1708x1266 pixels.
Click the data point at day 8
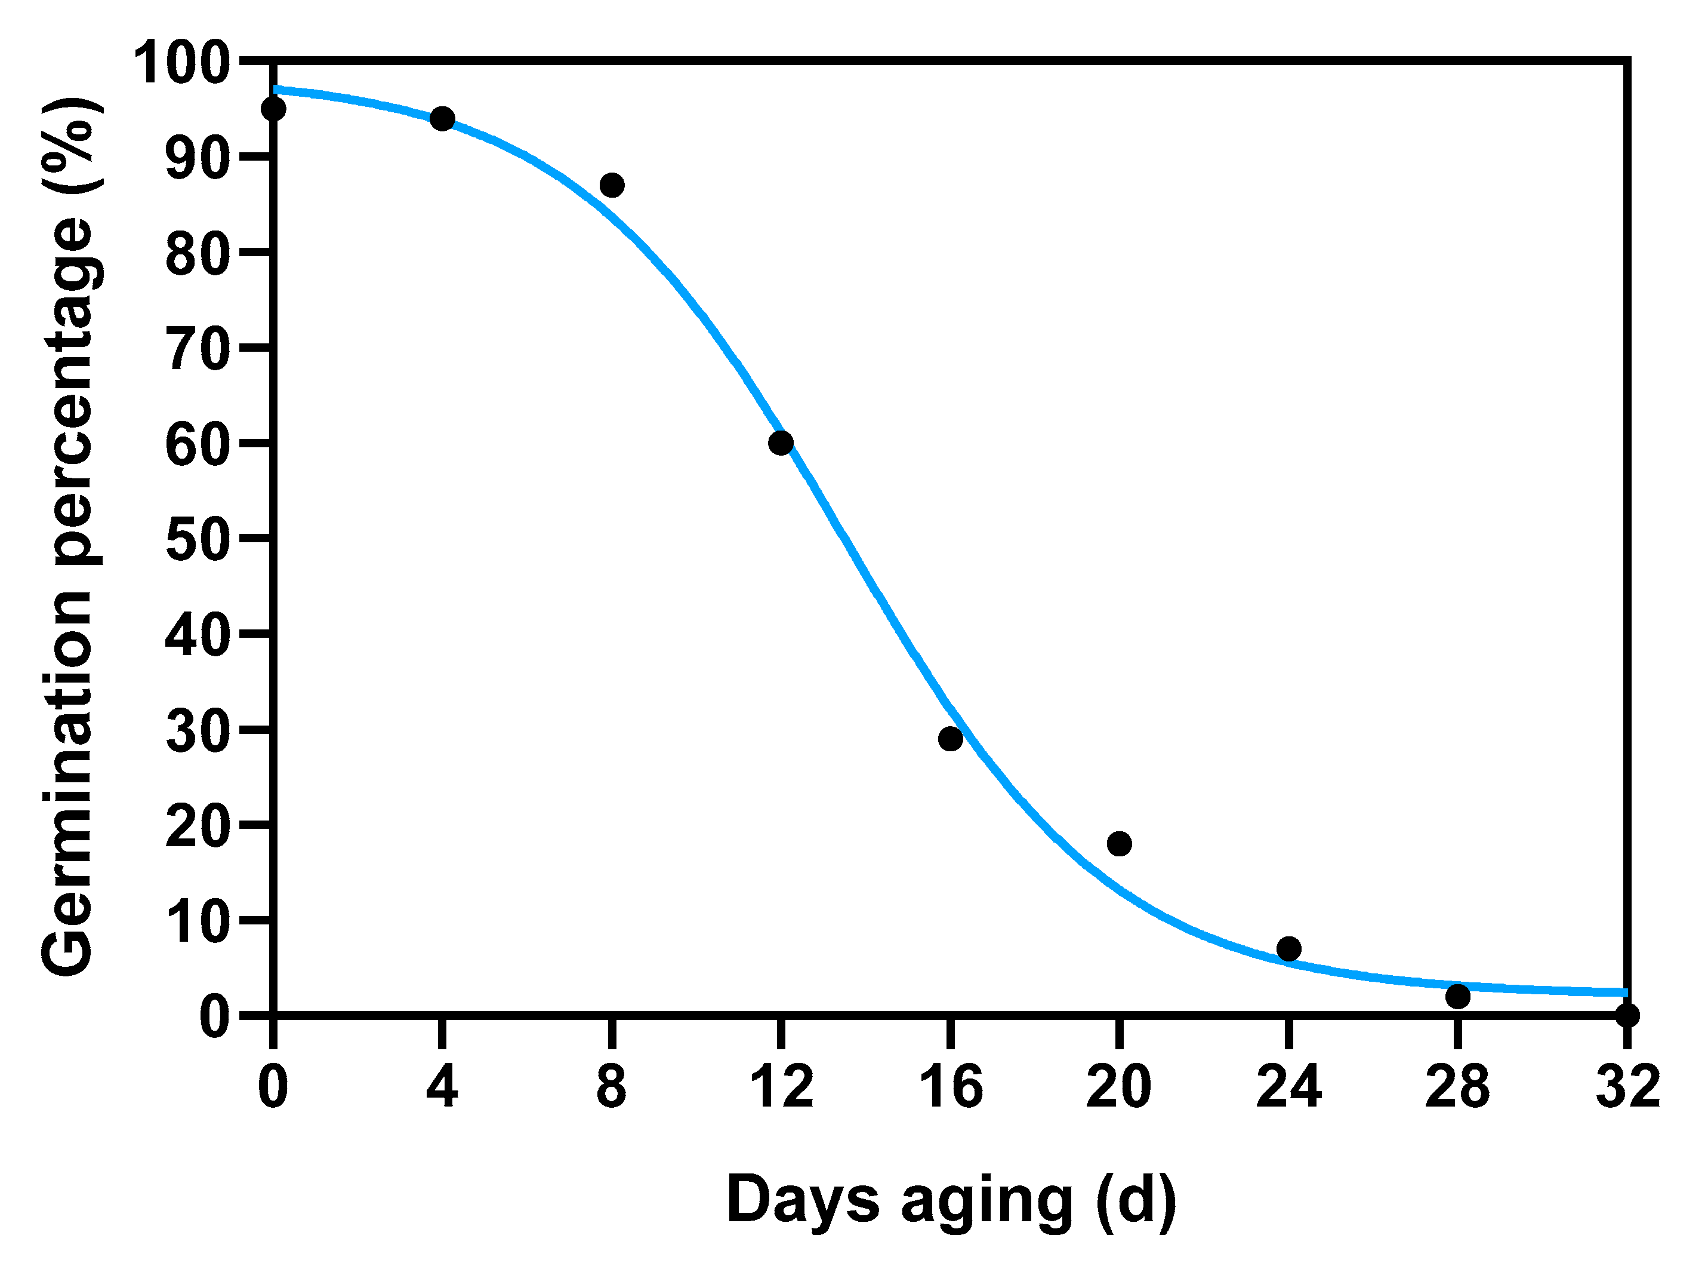[611, 185]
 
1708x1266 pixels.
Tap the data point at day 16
[949, 739]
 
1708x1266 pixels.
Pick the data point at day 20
[1119, 844]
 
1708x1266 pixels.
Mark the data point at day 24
[1288, 949]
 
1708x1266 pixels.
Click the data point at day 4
[442, 119]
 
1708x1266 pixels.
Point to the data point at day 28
[1457, 996]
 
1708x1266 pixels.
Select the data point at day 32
[1627, 1015]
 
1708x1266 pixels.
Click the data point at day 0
[273, 109]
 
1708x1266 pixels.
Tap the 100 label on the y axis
[181, 63]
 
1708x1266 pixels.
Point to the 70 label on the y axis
[197, 349]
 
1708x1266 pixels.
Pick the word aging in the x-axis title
[987, 1202]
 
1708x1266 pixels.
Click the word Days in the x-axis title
[802, 1198]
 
